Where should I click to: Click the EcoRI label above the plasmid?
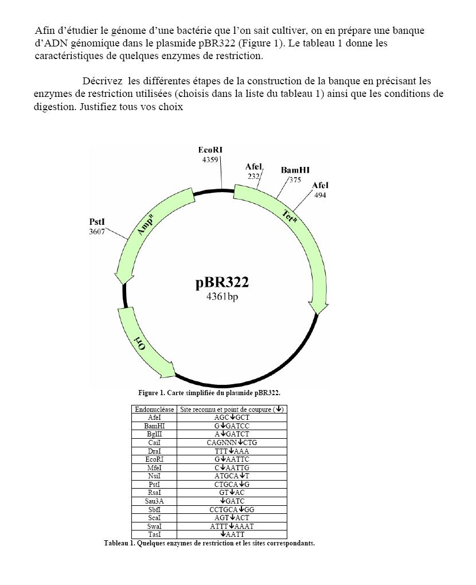(x=210, y=150)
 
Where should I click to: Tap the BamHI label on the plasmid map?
(x=295, y=170)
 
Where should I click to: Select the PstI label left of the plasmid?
(x=97, y=222)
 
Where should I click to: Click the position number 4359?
(x=210, y=159)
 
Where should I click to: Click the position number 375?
(x=295, y=180)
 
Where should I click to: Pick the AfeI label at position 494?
(x=320, y=185)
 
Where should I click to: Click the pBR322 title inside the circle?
(x=222, y=283)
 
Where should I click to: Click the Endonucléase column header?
(x=154, y=409)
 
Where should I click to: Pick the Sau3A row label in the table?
(x=154, y=501)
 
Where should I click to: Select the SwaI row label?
(x=154, y=526)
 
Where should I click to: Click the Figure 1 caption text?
(x=209, y=393)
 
